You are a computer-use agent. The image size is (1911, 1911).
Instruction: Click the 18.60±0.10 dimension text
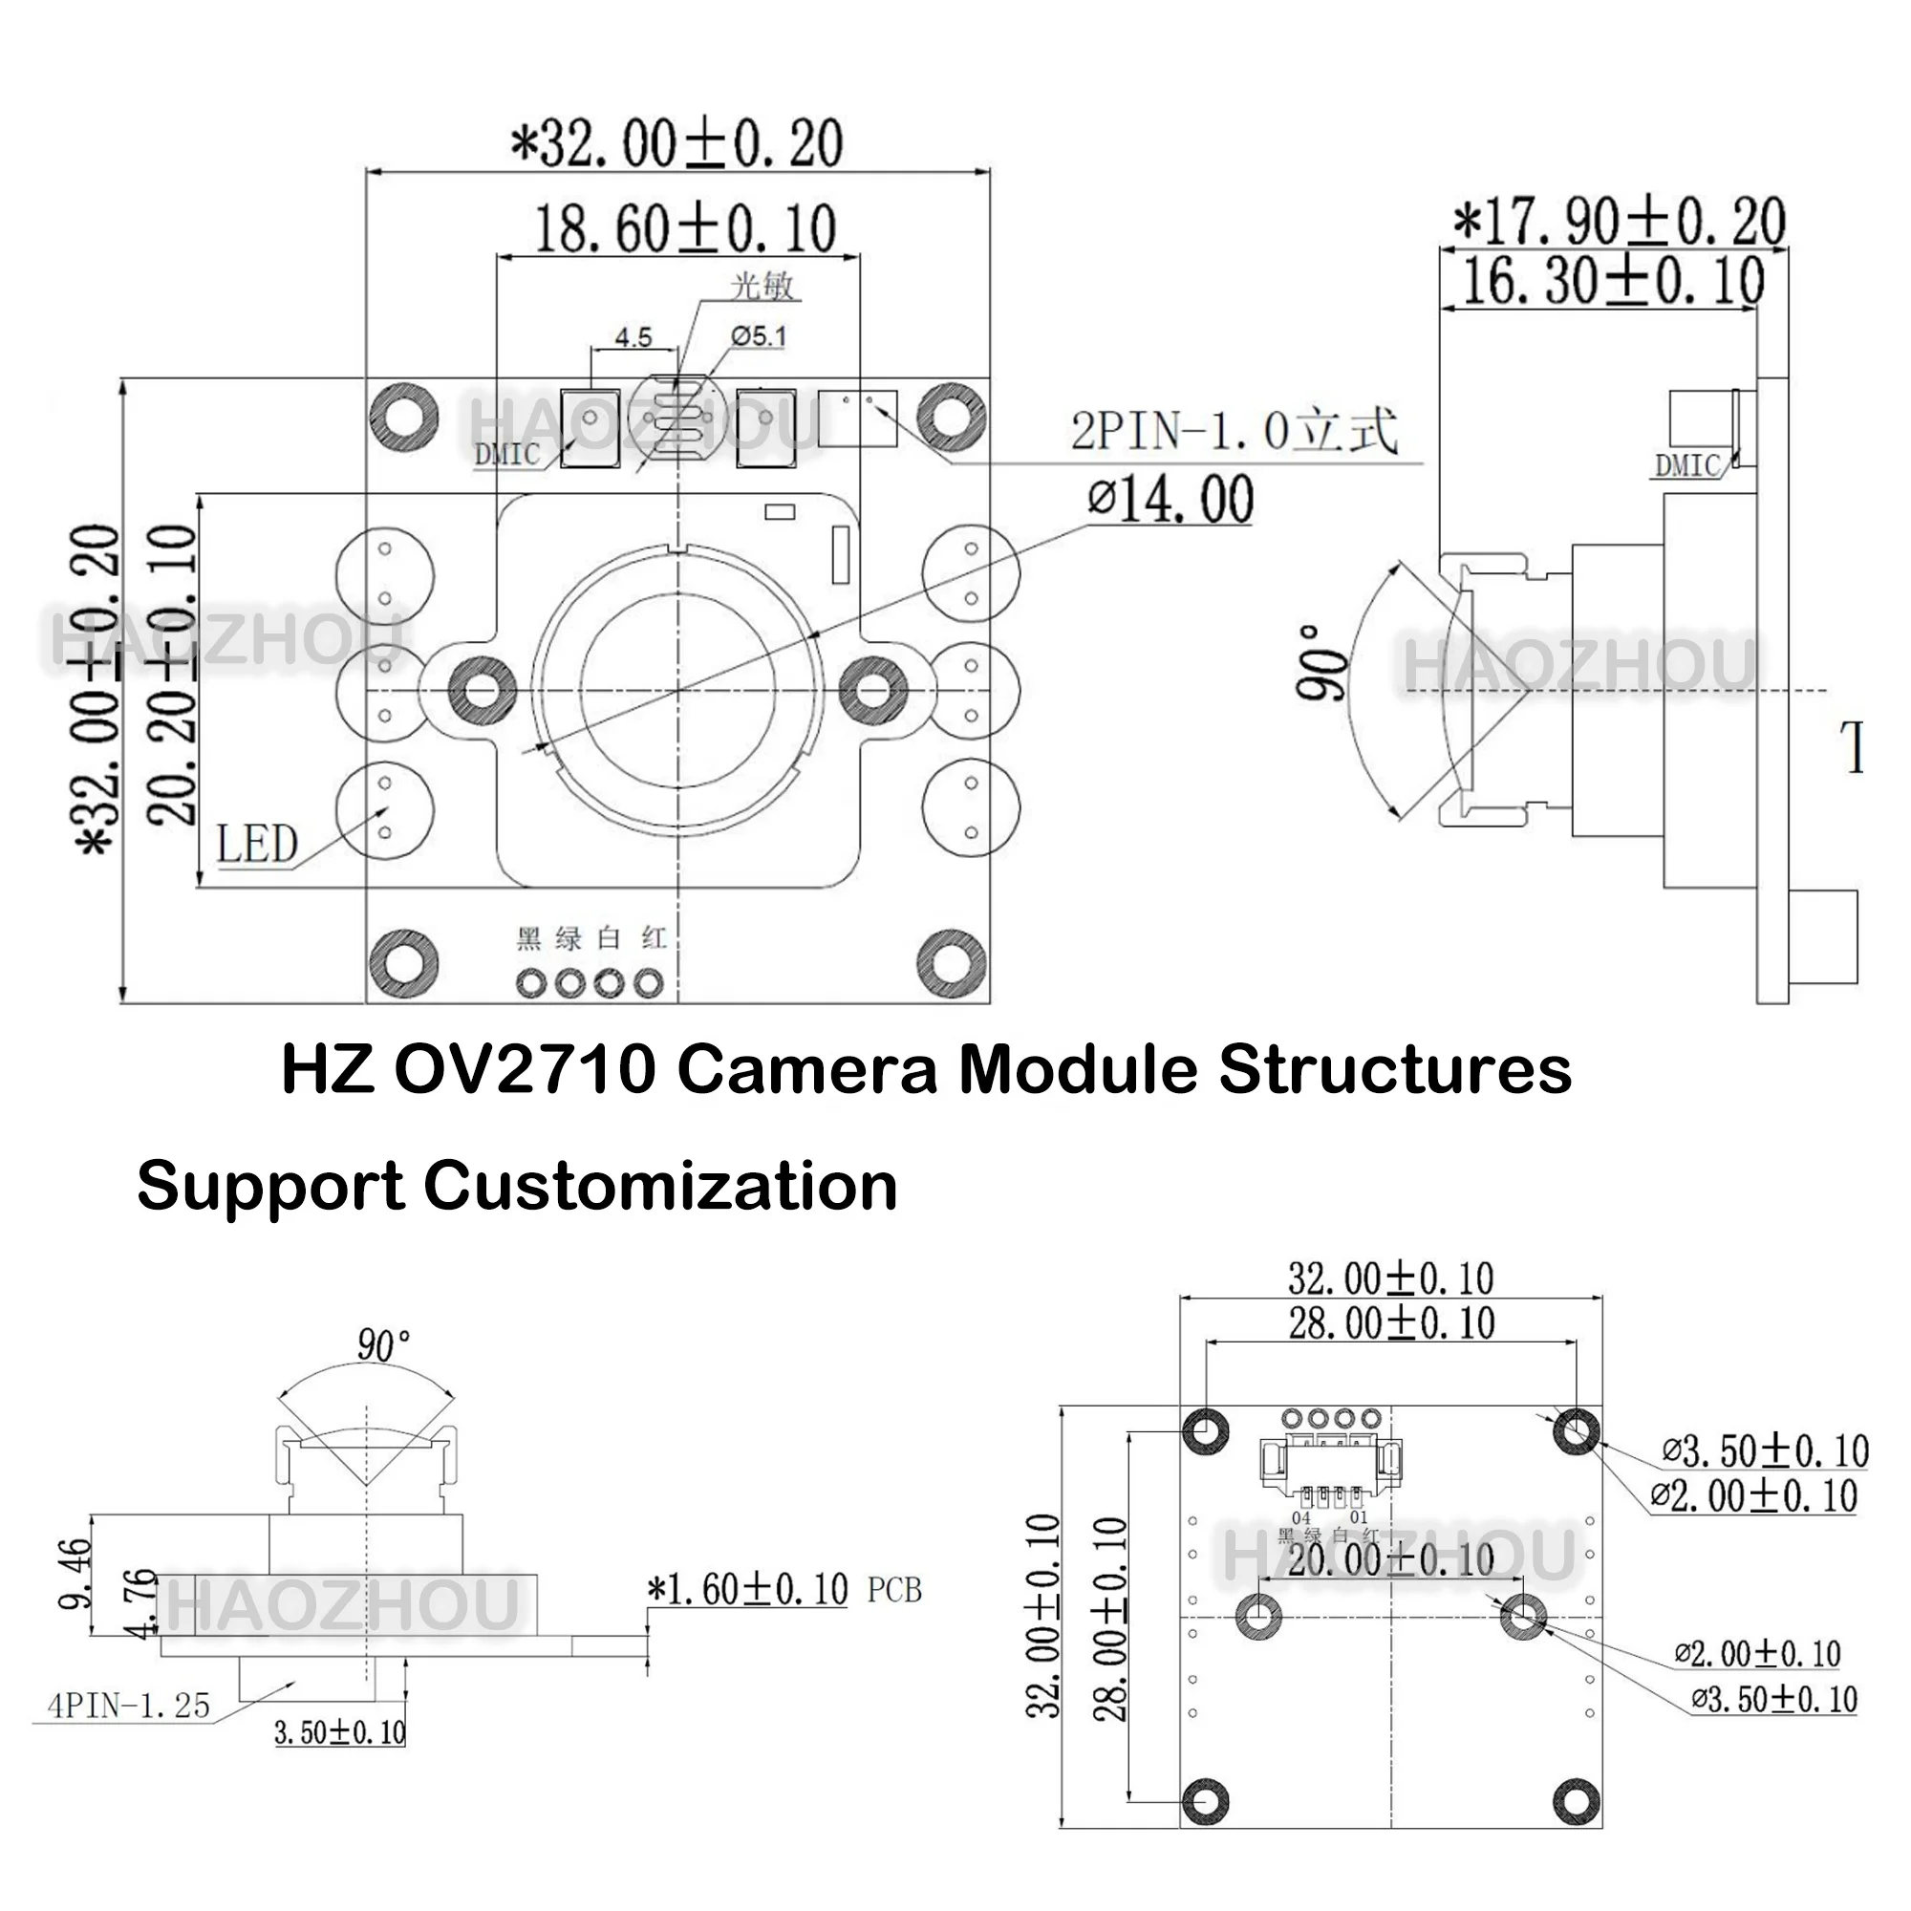(684, 229)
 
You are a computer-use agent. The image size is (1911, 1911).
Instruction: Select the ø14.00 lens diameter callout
(1170, 500)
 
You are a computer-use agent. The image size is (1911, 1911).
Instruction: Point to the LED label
(257, 844)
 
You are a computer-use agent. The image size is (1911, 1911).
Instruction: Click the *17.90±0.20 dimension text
(1619, 222)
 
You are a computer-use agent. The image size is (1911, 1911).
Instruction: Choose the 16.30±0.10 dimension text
(1612, 281)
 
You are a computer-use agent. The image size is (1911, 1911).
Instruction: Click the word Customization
(661, 1186)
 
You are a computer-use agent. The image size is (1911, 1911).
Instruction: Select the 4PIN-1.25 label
(129, 1706)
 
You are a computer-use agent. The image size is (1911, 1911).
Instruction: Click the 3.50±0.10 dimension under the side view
(339, 1732)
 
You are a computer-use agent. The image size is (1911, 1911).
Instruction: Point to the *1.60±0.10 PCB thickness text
(748, 1591)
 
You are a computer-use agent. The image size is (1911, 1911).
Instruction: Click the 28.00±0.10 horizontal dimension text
(1390, 1323)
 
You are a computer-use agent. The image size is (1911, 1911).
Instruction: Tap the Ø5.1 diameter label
(759, 336)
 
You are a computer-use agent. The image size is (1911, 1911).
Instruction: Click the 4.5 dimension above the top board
(633, 337)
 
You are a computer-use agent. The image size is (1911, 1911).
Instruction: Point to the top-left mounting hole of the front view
(403, 417)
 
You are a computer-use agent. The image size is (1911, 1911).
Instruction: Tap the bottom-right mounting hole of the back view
(1577, 1800)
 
